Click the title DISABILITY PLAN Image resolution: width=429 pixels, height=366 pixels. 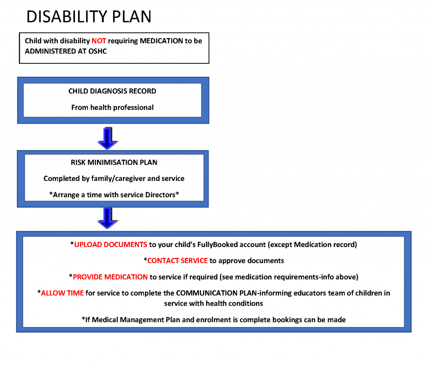pos(89,16)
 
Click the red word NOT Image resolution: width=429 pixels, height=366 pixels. pos(99,41)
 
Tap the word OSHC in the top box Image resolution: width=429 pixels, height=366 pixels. pos(97,51)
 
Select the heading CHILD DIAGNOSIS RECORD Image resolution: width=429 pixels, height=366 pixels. pos(112,91)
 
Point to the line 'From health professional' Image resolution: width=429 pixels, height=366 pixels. pos(112,107)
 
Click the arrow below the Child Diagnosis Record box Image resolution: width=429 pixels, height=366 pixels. pos(108,139)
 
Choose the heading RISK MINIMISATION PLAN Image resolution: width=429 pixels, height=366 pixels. pos(114,162)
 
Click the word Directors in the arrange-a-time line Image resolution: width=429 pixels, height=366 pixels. pos(160,195)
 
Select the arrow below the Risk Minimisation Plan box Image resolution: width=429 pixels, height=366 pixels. pos(108,218)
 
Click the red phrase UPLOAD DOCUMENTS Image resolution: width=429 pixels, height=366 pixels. pos(111,245)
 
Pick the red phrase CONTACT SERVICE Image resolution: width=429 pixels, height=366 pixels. pos(177,261)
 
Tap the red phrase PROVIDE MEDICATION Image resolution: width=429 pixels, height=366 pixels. pos(110,277)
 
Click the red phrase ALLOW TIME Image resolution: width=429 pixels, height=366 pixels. pos(62,293)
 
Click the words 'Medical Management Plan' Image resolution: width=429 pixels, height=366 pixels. pos(136,320)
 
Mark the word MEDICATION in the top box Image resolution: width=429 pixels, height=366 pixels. pos(161,41)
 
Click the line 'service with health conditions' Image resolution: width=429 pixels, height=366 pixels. pos(213,303)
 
